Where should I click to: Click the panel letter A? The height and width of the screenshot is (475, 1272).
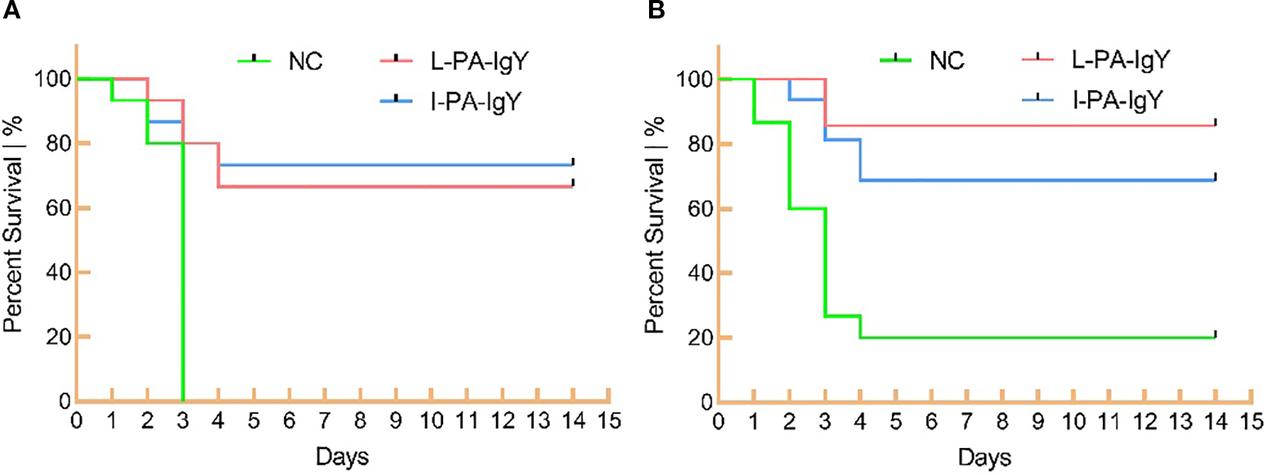[11, 10]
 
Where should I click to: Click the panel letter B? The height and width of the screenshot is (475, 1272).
[656, 10]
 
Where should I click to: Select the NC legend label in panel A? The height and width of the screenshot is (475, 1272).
[305, 62]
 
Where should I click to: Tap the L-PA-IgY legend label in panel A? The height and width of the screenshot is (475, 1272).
[479, 62]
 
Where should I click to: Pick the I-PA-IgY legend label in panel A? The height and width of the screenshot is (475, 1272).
[476, 102]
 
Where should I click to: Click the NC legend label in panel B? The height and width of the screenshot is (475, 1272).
[946, 61]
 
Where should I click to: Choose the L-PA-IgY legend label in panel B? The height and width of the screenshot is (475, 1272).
[1120, 60]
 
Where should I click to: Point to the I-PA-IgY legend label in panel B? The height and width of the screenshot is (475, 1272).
[1117, 100]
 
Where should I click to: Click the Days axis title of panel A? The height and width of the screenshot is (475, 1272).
[342, 457]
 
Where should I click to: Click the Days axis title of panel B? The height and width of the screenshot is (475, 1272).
[984, 457]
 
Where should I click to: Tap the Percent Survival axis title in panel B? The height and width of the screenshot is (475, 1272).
[654, 226]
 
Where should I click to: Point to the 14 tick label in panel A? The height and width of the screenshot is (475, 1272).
[574, 421]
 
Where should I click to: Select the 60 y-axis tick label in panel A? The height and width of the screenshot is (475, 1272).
[58, 209]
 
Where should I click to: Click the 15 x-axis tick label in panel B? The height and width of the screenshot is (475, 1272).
[1251, 422]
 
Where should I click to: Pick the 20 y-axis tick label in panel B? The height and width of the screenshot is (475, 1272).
[699, 338]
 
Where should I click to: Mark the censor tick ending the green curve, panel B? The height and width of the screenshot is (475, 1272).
[1215, 334]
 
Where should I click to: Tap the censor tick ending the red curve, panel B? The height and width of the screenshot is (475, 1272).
[1215, 122]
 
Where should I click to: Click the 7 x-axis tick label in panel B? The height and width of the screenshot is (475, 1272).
[967, 422]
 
